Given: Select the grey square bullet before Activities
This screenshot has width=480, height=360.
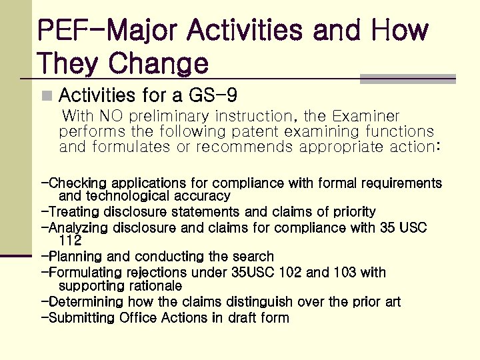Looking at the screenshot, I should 45,96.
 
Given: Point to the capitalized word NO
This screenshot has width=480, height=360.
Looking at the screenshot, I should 109,116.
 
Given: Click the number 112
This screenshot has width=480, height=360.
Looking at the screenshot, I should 70,241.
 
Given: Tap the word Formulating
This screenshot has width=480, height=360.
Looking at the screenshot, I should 85,273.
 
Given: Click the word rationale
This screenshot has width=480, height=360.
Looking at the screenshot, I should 153,286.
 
